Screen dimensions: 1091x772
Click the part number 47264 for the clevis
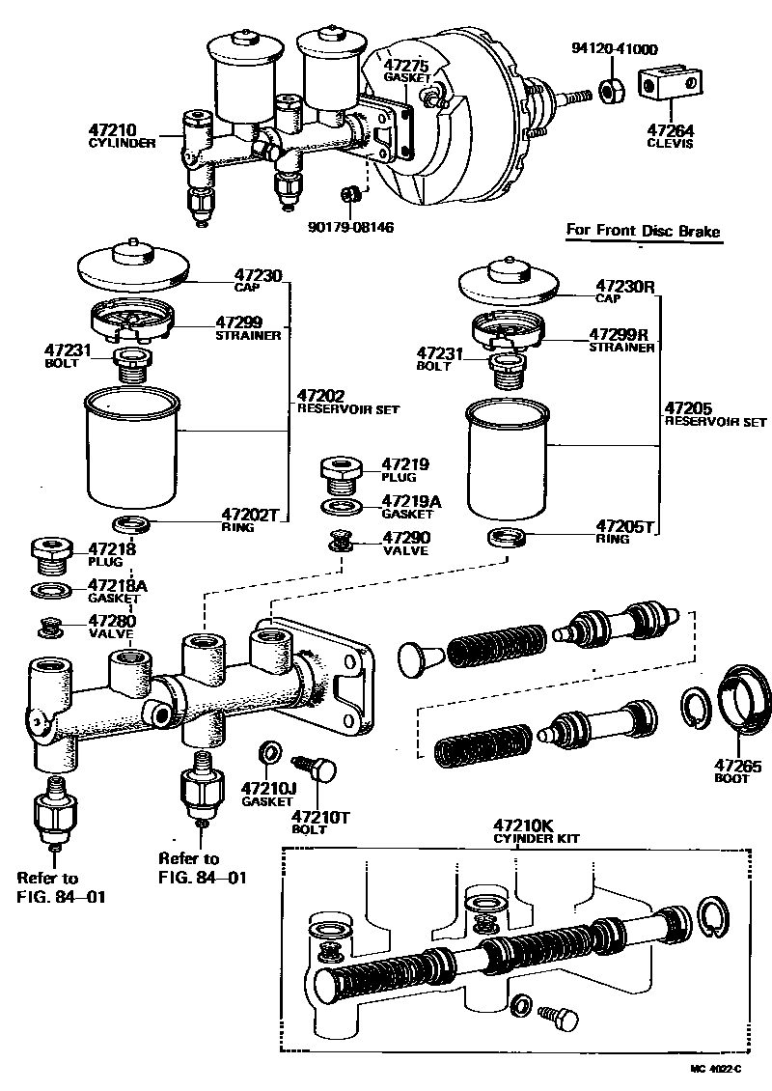tap(669, 130)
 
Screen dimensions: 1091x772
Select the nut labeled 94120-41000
tap(610, 92)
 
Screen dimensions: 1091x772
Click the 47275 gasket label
tap(406, 65)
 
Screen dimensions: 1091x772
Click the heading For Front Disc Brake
tap(643, 231)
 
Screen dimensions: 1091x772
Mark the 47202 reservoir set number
tap(321, 396)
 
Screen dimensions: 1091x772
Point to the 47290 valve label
tap(404, 538)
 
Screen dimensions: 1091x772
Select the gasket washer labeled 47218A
tap(50, 589)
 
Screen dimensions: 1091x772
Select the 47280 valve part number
tap(111, 621)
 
